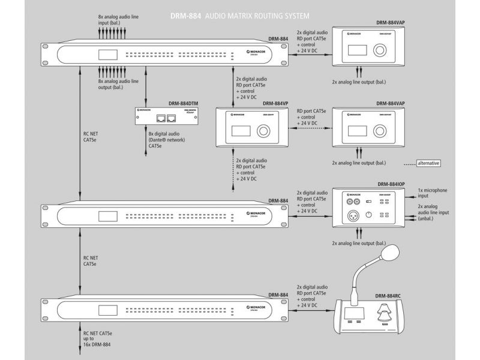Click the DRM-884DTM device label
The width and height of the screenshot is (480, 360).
point(183,103)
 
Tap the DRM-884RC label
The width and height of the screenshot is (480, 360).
point(389,295)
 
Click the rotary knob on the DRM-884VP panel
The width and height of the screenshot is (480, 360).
point(263,130)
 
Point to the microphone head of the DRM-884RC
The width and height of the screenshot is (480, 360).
point(391,251)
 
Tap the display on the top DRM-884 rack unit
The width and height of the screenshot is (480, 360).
point(109,54)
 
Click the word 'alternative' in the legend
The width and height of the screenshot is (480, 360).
point(428,163)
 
